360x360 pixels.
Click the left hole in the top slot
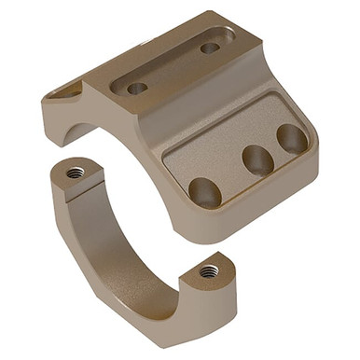[x=137, y=89]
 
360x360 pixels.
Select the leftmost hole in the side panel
[x=204, y=191]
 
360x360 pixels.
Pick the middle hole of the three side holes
[x=257, y=159]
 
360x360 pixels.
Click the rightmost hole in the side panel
[x=291, y=139]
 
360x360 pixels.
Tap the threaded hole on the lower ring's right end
[x=210, y=270]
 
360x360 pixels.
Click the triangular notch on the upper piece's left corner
[x=67, y=91]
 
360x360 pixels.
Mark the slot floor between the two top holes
[x=174, y=67]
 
